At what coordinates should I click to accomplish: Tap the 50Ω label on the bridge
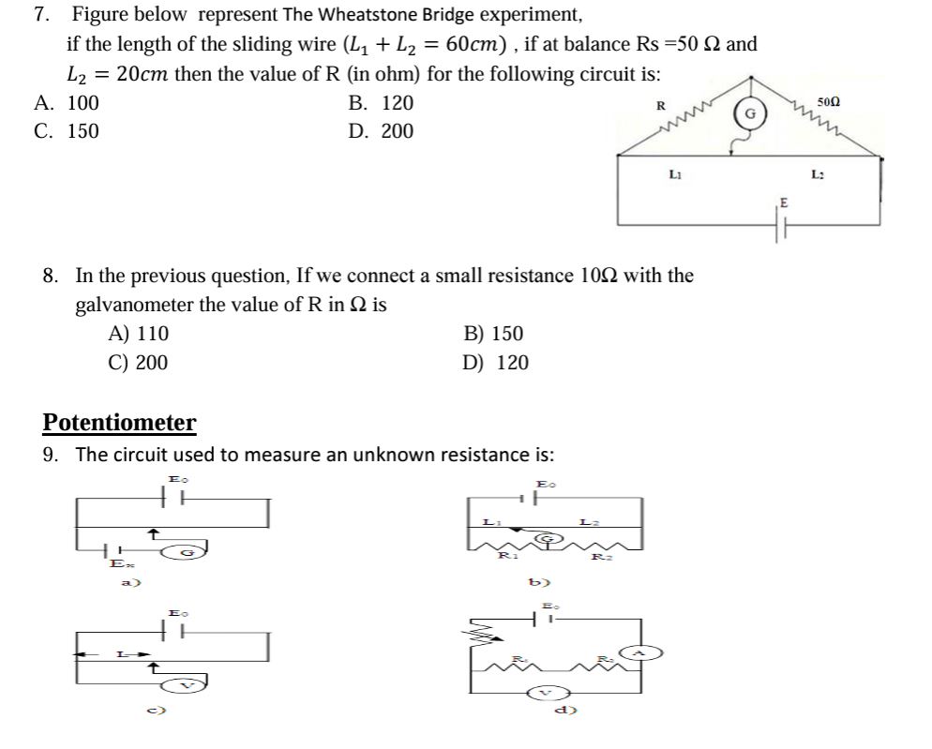(x=829, y=100)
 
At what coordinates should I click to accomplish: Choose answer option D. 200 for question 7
(x=380, y=131)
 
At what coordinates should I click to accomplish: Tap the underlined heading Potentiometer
(x=119, y=423)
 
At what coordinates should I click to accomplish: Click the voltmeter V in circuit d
(x=547, y=694)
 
